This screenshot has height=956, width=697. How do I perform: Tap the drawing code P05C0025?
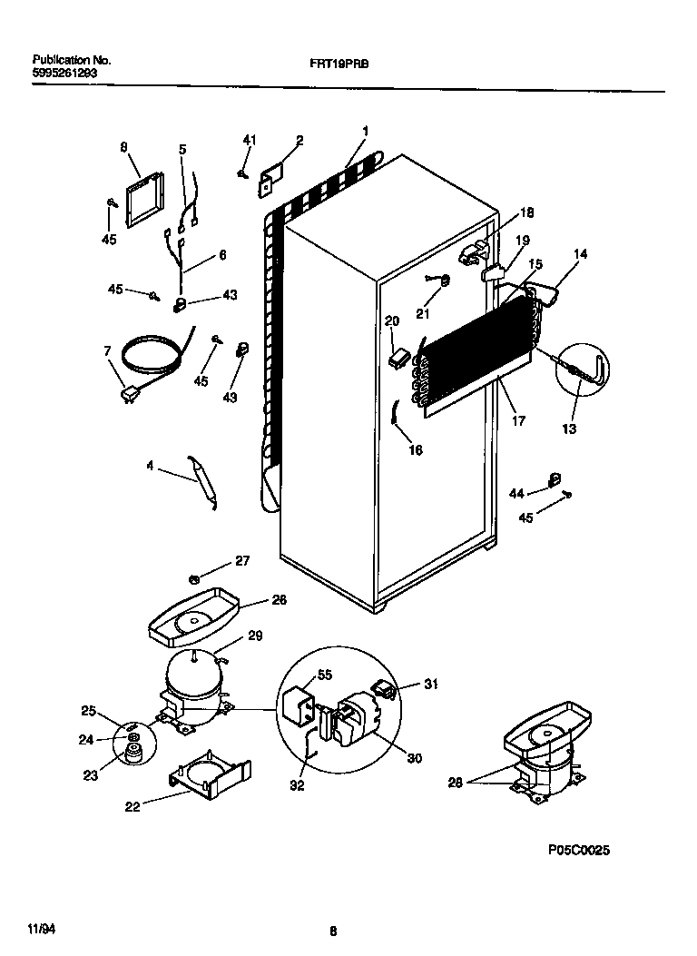pyautogui.click(x=578, y=851)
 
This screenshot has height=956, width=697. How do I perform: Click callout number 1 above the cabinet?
pyautogui.click(x=365, y=132)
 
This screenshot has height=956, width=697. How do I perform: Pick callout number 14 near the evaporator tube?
pyautogui.click(x=580, y=254)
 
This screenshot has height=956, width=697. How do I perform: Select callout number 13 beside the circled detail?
pyautogui.click(x=569, y=429)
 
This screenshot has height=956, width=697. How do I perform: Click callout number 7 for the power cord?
pyautogui.click(x=107, y=350)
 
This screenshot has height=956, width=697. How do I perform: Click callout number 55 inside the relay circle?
pyautogui.click(x=323, y=675)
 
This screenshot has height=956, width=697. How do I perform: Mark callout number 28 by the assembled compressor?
pyautogui.click(x=456, y=782)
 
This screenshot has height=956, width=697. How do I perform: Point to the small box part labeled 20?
pyautogui.click(x=396, y=359)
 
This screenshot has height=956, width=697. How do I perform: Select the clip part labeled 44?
pyautogui.click(x=552, y=478)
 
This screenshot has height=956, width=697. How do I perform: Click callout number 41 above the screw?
pyautogui.click(x=250, y=140)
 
